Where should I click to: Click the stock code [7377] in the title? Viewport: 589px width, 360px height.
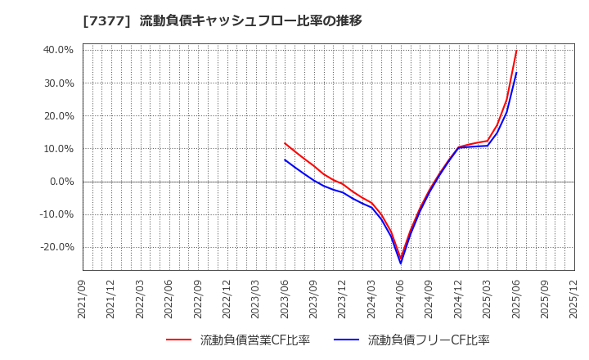click(x=106, y=20)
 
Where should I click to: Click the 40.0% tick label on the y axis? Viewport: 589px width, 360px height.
click(x=57, y=50)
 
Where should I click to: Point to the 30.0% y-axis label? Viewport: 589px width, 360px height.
click(x=57, y=83)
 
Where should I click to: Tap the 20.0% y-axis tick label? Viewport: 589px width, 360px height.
click(x=57, y=115)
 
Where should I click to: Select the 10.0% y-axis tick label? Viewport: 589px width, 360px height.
click(x=57, y=149)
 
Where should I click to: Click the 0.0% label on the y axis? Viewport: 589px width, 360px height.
click(x=60, y=182)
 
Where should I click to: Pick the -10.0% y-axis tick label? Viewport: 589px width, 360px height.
click(x=56, y=214)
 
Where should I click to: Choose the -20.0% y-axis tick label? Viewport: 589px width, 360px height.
click(x=56, y=247)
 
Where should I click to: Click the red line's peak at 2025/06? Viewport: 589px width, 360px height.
click(x=516, y=51)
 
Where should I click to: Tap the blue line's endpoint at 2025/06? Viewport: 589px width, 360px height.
click(x=516, y=73)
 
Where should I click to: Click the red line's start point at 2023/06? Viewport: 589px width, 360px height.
click(x=285, y=143)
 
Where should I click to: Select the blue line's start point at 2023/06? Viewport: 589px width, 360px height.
click(x=285, y=160)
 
